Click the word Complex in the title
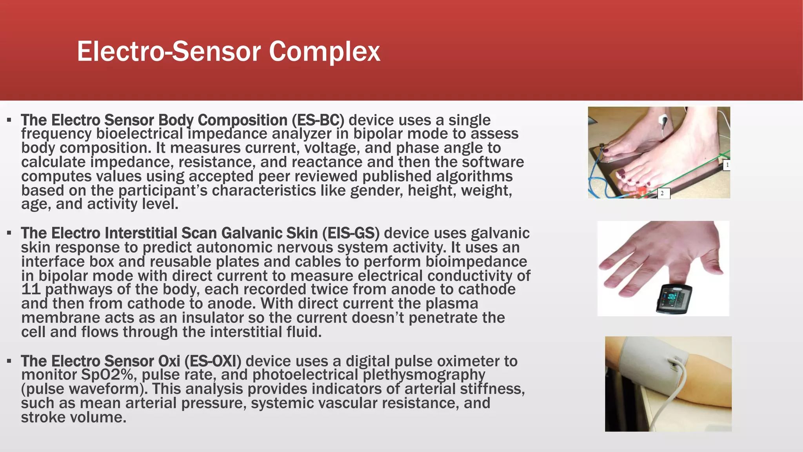[x=324, y=52]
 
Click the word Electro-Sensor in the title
[x=169, y=52]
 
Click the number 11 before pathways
[x=31, y=290]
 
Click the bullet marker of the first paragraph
[x=9, y=120]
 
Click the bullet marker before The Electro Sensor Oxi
[x=9, y=361]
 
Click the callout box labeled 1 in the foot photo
[x=727, y=165]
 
